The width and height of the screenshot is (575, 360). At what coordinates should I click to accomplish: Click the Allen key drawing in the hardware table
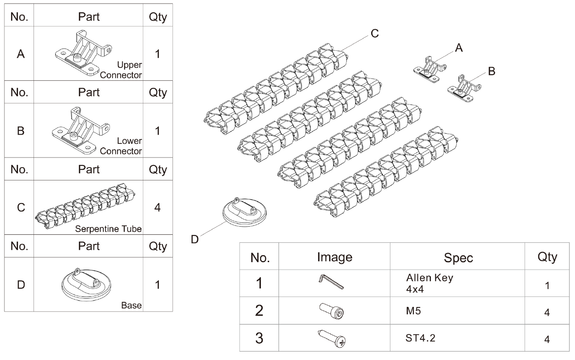tap(331, 282)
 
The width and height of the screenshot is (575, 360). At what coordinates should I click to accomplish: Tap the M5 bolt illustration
tap(332, 311)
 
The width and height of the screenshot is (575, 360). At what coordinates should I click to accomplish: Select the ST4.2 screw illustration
tap(332, 338)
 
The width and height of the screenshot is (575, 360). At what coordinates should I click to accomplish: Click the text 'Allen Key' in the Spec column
tap(429, 277)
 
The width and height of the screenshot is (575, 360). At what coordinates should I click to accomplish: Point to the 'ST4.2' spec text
tap(420, 338)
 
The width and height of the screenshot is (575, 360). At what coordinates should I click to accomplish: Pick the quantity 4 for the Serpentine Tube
tap(158, 207)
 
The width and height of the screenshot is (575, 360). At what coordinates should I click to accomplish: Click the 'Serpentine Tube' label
tap(108, 229)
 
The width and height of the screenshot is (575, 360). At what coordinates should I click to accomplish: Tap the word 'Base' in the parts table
tap(131, 305)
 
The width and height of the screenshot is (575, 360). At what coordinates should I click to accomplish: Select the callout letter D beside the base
tap(195, 240)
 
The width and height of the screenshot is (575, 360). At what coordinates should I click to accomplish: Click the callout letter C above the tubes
tap(375, 34)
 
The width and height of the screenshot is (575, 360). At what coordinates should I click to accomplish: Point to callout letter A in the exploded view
tap(459, 48)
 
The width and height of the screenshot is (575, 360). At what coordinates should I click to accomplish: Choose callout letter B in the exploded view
tap(492, 71)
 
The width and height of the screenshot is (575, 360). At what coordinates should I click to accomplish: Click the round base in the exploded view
tap(244, 212)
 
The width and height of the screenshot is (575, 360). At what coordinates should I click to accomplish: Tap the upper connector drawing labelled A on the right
tap(430, 69)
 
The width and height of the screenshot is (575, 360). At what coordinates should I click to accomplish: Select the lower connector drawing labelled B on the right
tap(464, 88)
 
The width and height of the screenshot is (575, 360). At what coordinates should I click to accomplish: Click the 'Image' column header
tap(334, 257)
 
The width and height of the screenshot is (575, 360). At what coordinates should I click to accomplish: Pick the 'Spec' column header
tap(458, 258)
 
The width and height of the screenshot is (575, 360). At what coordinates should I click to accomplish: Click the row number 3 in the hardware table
tap(259, 338)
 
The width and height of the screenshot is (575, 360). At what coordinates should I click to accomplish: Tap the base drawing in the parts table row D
tap(86, 285)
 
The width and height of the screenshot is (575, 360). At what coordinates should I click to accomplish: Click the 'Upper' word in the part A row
tap(129, 65)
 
